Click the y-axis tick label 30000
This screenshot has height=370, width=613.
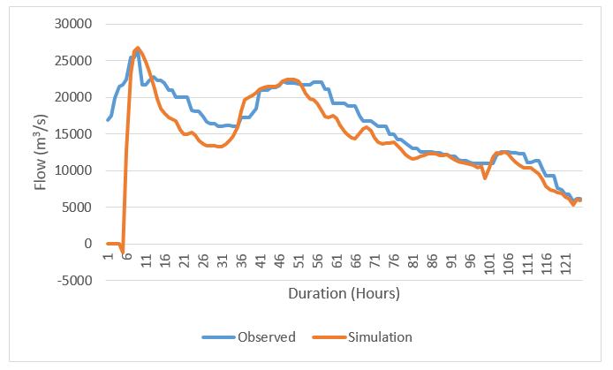[x=73, y=24]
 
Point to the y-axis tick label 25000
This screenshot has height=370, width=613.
[x=73, y=60]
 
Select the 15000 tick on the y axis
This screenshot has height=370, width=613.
[x=73, y=133]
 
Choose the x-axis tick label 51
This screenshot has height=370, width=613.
[x=299, y=262]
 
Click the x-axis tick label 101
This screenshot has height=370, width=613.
[x=489, y=264]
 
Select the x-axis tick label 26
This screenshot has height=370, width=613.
[x=204, y=262]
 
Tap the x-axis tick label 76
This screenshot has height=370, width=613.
[x=394, y=262]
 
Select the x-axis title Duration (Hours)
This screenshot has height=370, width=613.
[x=344, y=292]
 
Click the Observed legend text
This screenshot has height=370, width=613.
[x=265, y=336]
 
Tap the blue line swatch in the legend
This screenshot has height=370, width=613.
[x=217, y=336]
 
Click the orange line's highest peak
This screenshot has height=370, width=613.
[x=138, y=48]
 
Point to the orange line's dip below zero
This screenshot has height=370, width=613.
[x=123, y=252]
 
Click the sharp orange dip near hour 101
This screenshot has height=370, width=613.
[x=485, y=178]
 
